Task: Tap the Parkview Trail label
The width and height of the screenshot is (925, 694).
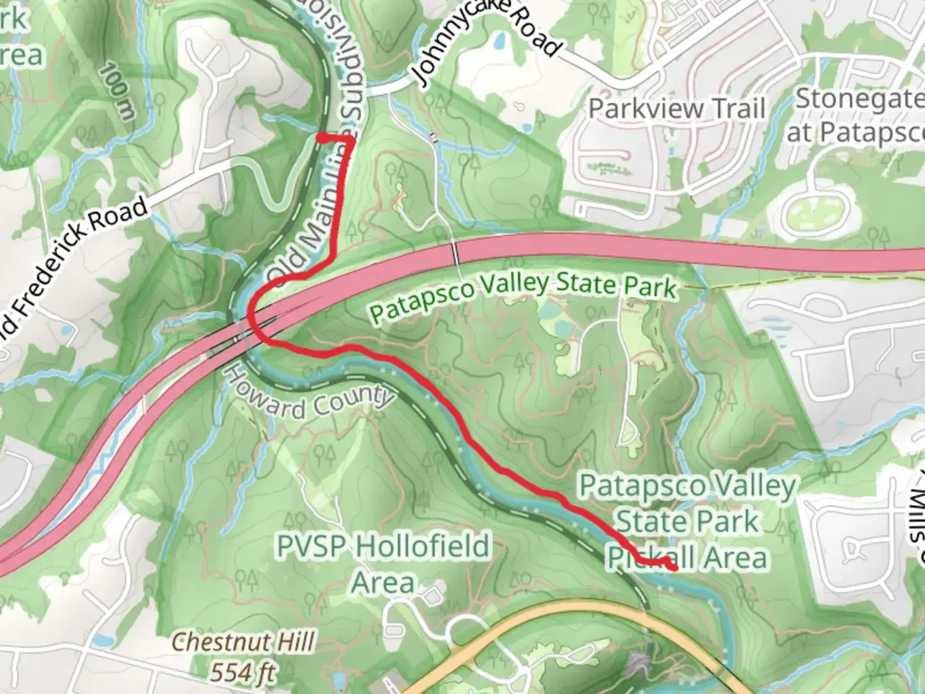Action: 676,108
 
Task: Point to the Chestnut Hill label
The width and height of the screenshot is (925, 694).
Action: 243,641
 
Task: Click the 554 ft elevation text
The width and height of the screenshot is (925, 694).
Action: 243,672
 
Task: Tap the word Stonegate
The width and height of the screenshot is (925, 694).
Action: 859,100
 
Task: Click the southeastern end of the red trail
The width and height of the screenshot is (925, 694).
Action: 674,568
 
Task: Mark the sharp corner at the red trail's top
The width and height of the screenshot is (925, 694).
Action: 351,139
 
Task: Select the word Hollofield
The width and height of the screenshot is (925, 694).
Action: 422,546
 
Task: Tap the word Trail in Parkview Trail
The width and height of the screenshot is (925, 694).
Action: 737,108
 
